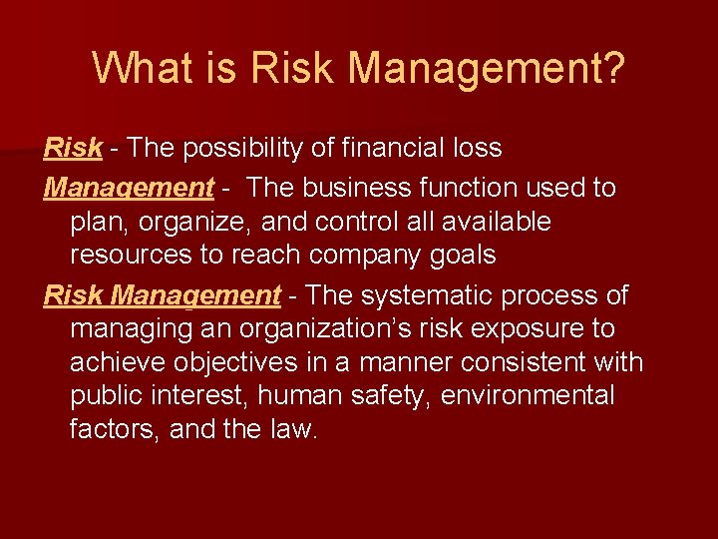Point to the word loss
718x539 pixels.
tap(476, 149)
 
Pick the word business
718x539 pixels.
tap(359, 188)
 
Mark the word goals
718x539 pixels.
tap(463, 256)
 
